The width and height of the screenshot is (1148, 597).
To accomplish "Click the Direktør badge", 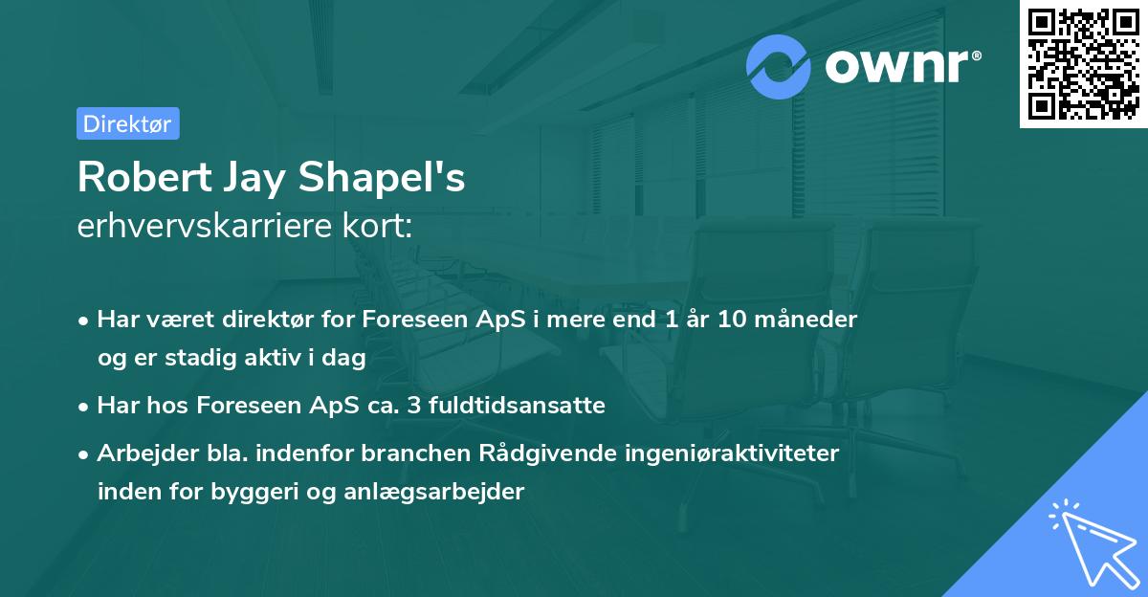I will coord(127,123).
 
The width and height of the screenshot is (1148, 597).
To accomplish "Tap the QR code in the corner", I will coord(1082,63).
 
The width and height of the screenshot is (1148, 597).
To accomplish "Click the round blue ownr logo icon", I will coord(779,66).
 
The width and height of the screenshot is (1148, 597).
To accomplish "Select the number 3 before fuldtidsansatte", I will coord(414,406).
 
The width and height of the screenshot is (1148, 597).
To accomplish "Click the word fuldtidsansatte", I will coord(517,406).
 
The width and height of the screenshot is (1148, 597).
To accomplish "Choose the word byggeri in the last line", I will coord(262,492).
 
